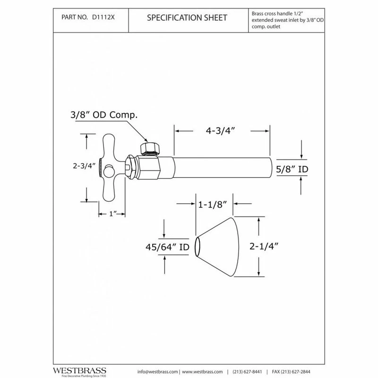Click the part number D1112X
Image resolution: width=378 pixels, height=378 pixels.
pos(103,17)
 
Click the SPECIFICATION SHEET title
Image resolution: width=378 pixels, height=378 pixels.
pos(187,17)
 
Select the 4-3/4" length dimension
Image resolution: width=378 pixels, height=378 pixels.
pos(220,131)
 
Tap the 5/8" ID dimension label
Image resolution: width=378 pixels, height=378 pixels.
pos(292,169)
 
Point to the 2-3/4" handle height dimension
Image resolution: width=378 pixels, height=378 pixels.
pos(84,166)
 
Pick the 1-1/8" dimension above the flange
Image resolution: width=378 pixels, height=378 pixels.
pos(212,205)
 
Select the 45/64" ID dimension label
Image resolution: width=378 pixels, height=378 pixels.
pos(167,247)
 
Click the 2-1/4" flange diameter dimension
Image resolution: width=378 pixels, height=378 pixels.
pos(264,246)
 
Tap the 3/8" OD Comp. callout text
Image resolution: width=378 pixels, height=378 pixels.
pos(104,115)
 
